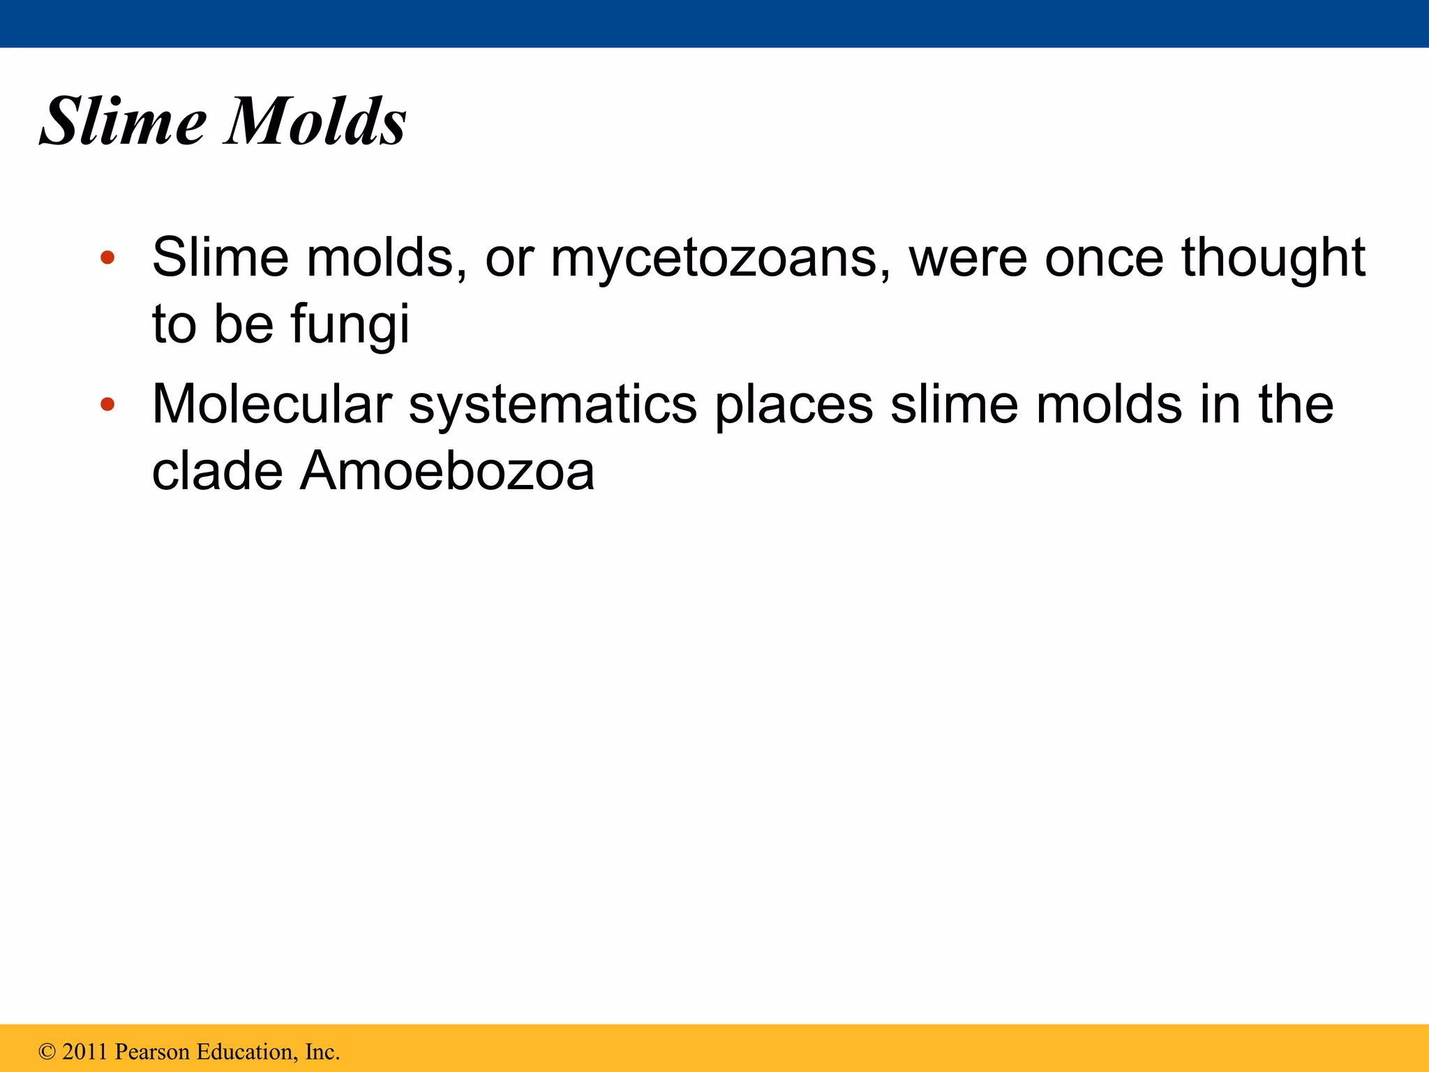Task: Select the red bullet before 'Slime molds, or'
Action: pos(107,258)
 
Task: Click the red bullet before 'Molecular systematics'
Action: pos(107,404)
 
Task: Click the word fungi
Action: pos(350,325)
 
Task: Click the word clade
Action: pos(217,471)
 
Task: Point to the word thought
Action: pos(1273,258)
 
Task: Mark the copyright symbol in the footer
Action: pos(47,1052)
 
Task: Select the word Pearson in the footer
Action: pos(151,1052)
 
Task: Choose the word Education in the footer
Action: pos(246,1052)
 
